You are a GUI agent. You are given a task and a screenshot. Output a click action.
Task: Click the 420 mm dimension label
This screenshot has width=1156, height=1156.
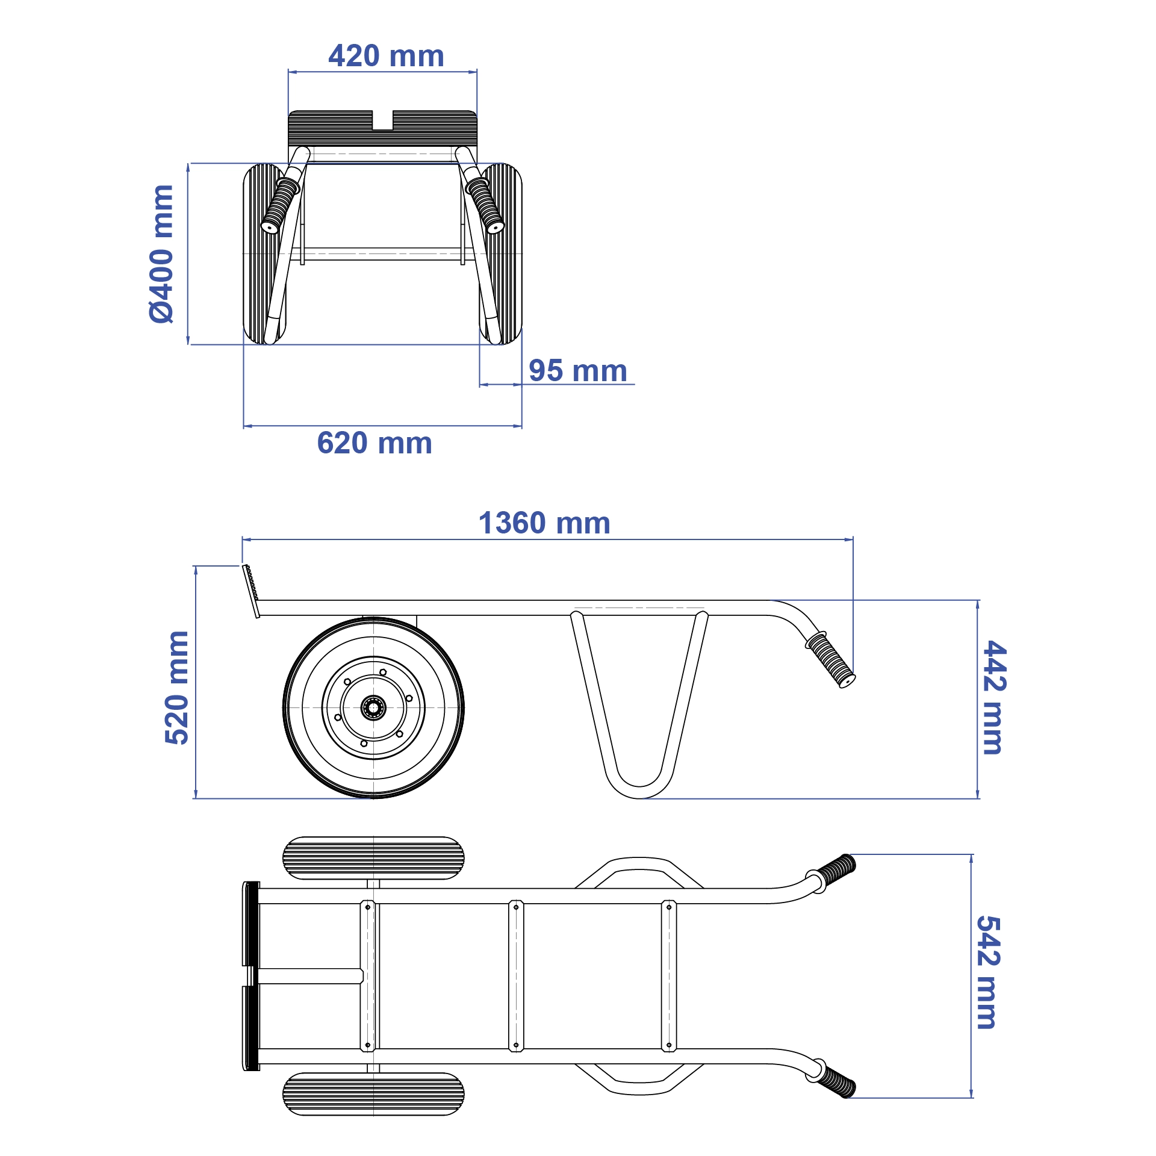click(x=386, y=56)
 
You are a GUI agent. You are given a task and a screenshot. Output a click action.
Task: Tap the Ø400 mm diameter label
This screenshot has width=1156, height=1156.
click(x=161, y=254)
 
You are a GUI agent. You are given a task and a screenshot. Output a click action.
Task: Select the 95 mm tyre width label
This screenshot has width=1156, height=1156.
click(x=577, y=370)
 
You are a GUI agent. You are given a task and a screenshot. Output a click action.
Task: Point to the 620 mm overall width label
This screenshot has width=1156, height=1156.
click(x=374, y=443)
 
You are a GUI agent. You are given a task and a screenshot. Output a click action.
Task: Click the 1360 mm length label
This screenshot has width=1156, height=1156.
click(x=544, y=523)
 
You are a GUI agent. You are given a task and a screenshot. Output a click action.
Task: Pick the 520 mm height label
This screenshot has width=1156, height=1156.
click(x=177, y=688)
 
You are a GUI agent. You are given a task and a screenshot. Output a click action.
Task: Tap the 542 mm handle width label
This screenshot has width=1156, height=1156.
click(x=987, y=972)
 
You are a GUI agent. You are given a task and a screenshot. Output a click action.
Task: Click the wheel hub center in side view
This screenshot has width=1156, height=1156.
click(x=373, y=707)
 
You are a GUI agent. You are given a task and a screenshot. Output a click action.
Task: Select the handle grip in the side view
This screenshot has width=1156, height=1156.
click(x=831, y=660)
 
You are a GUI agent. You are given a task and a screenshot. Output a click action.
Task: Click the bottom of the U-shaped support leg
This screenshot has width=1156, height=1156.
click(x=639, y=792)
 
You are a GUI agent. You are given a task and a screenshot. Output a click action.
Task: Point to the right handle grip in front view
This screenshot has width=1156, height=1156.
click(x=485, y=205)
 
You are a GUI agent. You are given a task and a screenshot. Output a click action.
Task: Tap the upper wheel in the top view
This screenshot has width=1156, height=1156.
click(x=373, y=858)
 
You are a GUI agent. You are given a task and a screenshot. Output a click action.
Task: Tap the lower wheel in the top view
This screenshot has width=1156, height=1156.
click(x=373, y=1094)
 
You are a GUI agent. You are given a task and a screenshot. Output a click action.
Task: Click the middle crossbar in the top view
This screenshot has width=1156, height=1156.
click(x=516, y=975)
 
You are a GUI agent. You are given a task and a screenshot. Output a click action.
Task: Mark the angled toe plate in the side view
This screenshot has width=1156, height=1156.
click(x=251, y=590)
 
